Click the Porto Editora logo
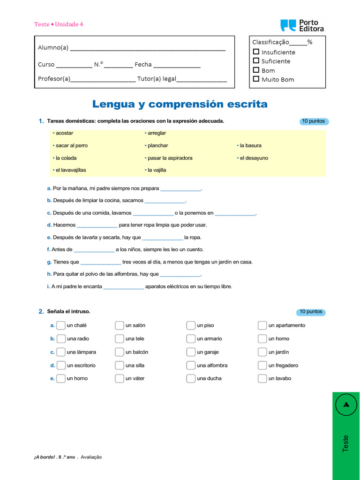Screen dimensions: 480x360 302,25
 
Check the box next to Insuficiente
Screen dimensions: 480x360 256,52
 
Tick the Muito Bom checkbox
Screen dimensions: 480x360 256,79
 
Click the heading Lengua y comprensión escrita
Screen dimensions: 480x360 180,104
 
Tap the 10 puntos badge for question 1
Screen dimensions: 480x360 314,121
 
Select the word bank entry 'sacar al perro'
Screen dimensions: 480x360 71,146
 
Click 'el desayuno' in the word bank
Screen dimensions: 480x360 254,158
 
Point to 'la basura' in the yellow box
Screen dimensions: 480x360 250,146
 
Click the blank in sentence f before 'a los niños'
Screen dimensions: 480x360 94,250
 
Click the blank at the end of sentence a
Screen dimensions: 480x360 180,189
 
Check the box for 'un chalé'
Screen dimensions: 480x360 61,325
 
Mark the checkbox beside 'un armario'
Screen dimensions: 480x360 190,338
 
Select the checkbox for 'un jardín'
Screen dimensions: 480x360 262,352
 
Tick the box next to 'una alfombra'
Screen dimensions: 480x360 190,365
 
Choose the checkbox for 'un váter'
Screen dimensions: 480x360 119,378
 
